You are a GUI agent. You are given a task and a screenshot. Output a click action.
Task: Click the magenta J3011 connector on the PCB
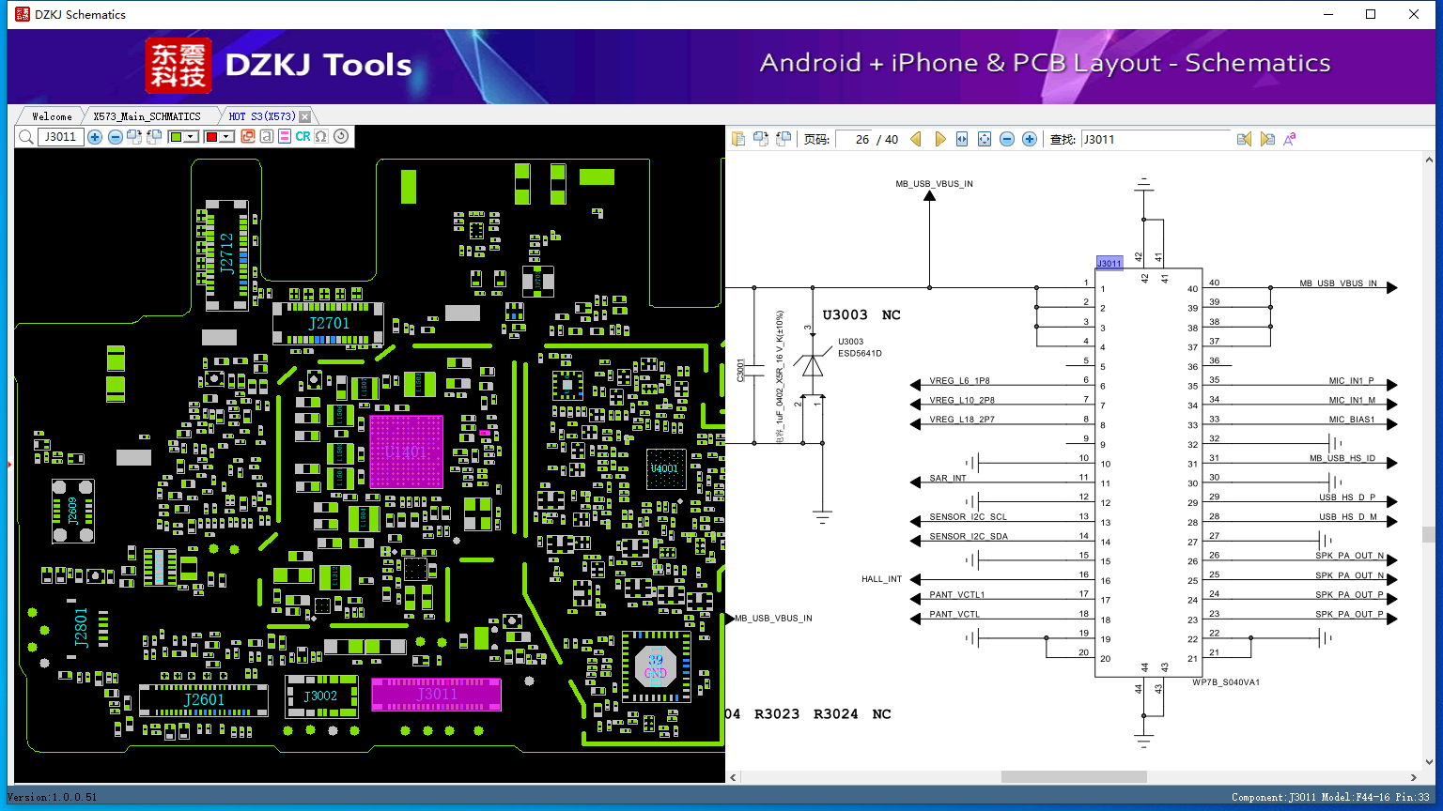[x=436, y=695]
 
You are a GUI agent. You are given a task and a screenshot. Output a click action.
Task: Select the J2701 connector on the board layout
[x=328, y=324]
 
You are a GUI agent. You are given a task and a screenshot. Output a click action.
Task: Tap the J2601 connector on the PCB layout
[x=204, y=700]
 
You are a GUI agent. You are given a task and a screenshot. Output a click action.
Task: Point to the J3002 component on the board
[x=320, y=696]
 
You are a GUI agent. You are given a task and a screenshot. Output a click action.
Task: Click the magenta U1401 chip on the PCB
[x=405, y=451]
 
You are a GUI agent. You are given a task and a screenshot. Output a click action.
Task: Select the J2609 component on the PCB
[x=72, y=512]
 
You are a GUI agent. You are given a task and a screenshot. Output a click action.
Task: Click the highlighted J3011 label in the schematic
[x=1109, y=264]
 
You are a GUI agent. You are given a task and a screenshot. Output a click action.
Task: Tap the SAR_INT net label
[x=948, y=479]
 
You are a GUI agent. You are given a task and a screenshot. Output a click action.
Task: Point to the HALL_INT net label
[x=881, y=579]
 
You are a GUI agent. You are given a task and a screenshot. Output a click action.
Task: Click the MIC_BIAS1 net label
[x=1351, y=420]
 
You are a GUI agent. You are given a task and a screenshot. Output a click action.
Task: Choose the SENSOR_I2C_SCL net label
[x=968, y=517]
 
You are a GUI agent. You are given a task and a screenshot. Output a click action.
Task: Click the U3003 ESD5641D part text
[x=859, y=348]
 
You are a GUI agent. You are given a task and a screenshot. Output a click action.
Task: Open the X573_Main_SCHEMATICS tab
[x=147, y=116]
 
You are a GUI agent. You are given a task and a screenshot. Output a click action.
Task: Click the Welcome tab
[x=52, y=116]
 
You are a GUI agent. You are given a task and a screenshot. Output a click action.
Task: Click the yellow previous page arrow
[x=916, y=139]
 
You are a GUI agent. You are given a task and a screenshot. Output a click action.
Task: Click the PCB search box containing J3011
[x=61, y=137]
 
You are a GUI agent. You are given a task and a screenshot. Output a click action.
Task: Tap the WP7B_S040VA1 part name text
[x=1225, y=682]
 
